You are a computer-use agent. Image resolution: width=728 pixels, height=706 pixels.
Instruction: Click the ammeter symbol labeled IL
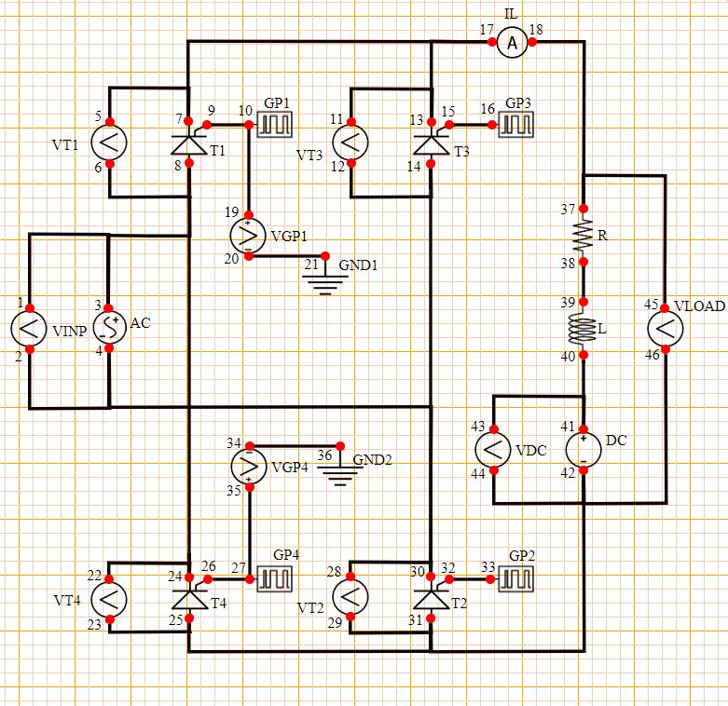pyautogui.click(x=510, y=43)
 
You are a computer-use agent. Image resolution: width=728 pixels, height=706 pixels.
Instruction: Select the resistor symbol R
pyautogui.click(x=583, y=236)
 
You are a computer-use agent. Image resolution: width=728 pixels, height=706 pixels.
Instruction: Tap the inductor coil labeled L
pyautogui.click(x=583, y=329)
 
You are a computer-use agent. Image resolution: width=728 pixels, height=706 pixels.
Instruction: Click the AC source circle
pyautogui.click(x=110, y=327)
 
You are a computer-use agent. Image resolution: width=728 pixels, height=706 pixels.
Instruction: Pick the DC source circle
pyautogui.click(x=584, y=449)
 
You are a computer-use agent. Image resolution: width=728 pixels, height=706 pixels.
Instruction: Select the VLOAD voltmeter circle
pyautogui.click(x=666, y=329)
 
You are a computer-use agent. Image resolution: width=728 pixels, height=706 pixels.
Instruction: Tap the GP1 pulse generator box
pyautogui.click(x=275, y=124)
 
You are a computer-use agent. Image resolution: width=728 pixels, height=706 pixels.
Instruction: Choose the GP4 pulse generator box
pyautogui.click(x=275, y=579)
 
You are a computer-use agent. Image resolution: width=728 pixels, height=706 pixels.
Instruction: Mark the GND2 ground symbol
pyautogui.click(x=341, y=471)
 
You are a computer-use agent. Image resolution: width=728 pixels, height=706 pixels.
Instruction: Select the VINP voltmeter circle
pyautogui.click(x=29, y=328)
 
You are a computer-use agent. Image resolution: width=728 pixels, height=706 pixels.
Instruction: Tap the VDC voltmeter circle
pyautogui.click(x=493, y=449)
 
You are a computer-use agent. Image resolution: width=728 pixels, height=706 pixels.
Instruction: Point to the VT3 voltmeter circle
pyautogui.click(x=350, y=143)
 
